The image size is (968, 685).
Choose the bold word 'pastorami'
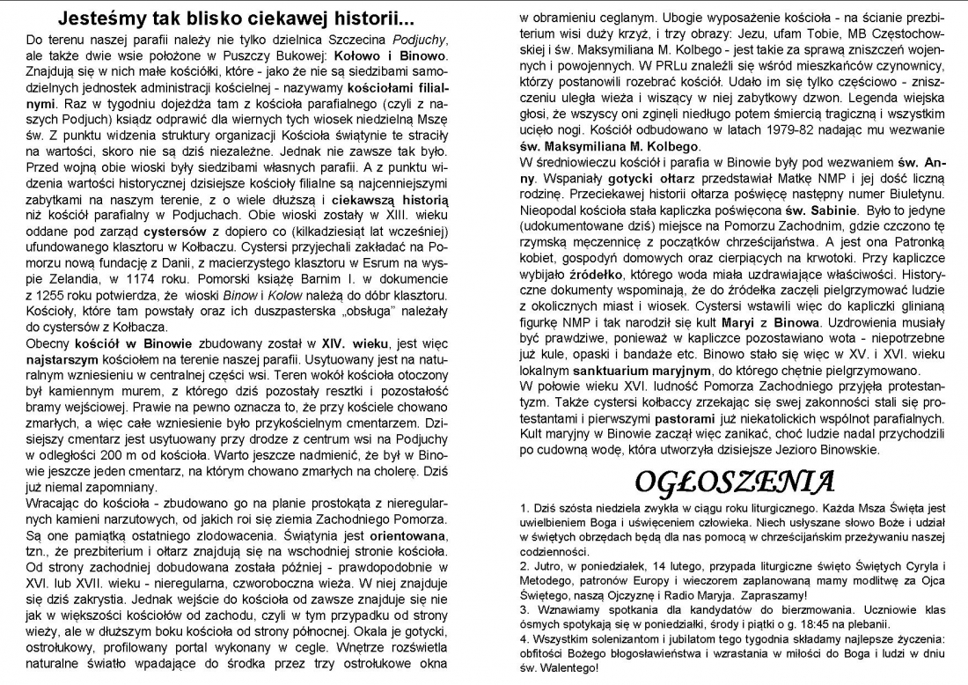(x=691, y=420)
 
